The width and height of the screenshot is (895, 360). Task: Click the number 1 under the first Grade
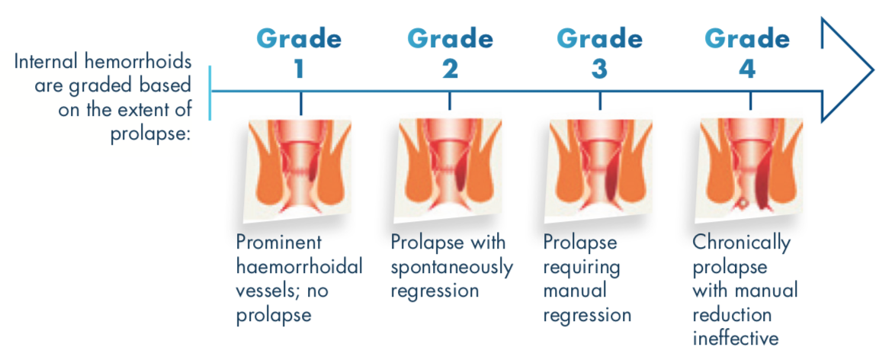click(x=299, y=69)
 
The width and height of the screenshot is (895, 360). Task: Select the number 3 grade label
click(x=599, y=69)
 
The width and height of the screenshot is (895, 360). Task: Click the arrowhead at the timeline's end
click(x=846, y=69)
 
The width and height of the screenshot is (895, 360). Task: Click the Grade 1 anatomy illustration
click(x=298, y=170)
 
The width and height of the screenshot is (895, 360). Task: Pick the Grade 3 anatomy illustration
click(x=598, y=170)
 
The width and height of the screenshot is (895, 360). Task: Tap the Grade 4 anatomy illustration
click(x=749, y=170)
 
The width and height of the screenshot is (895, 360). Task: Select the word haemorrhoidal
click(x=300, y=266)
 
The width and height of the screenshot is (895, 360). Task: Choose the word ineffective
click(x=736, y=339)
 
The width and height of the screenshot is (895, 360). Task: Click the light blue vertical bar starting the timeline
click(x=210, y=92)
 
